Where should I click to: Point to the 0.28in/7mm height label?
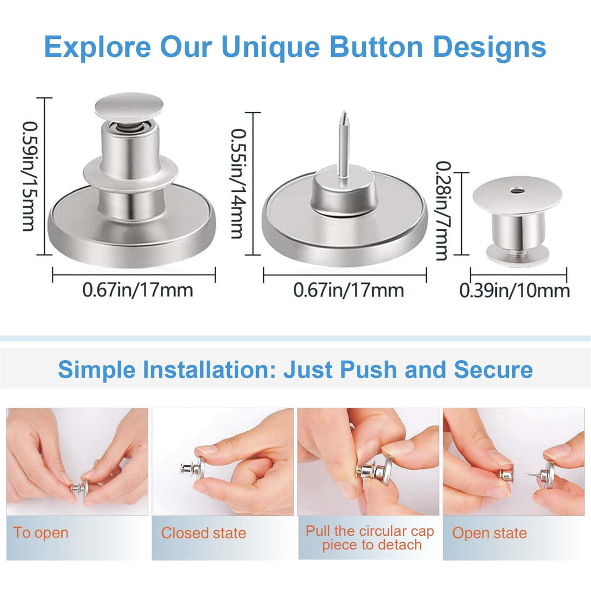(442, 211)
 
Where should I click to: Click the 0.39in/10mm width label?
(514, 290)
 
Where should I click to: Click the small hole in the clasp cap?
(515, 191)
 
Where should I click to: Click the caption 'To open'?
(41, 533)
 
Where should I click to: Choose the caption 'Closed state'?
(204, 533)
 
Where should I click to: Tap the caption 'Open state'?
(489, 533)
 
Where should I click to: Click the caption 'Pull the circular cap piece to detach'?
(369, 538)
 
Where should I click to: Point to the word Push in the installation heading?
(371, 370)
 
